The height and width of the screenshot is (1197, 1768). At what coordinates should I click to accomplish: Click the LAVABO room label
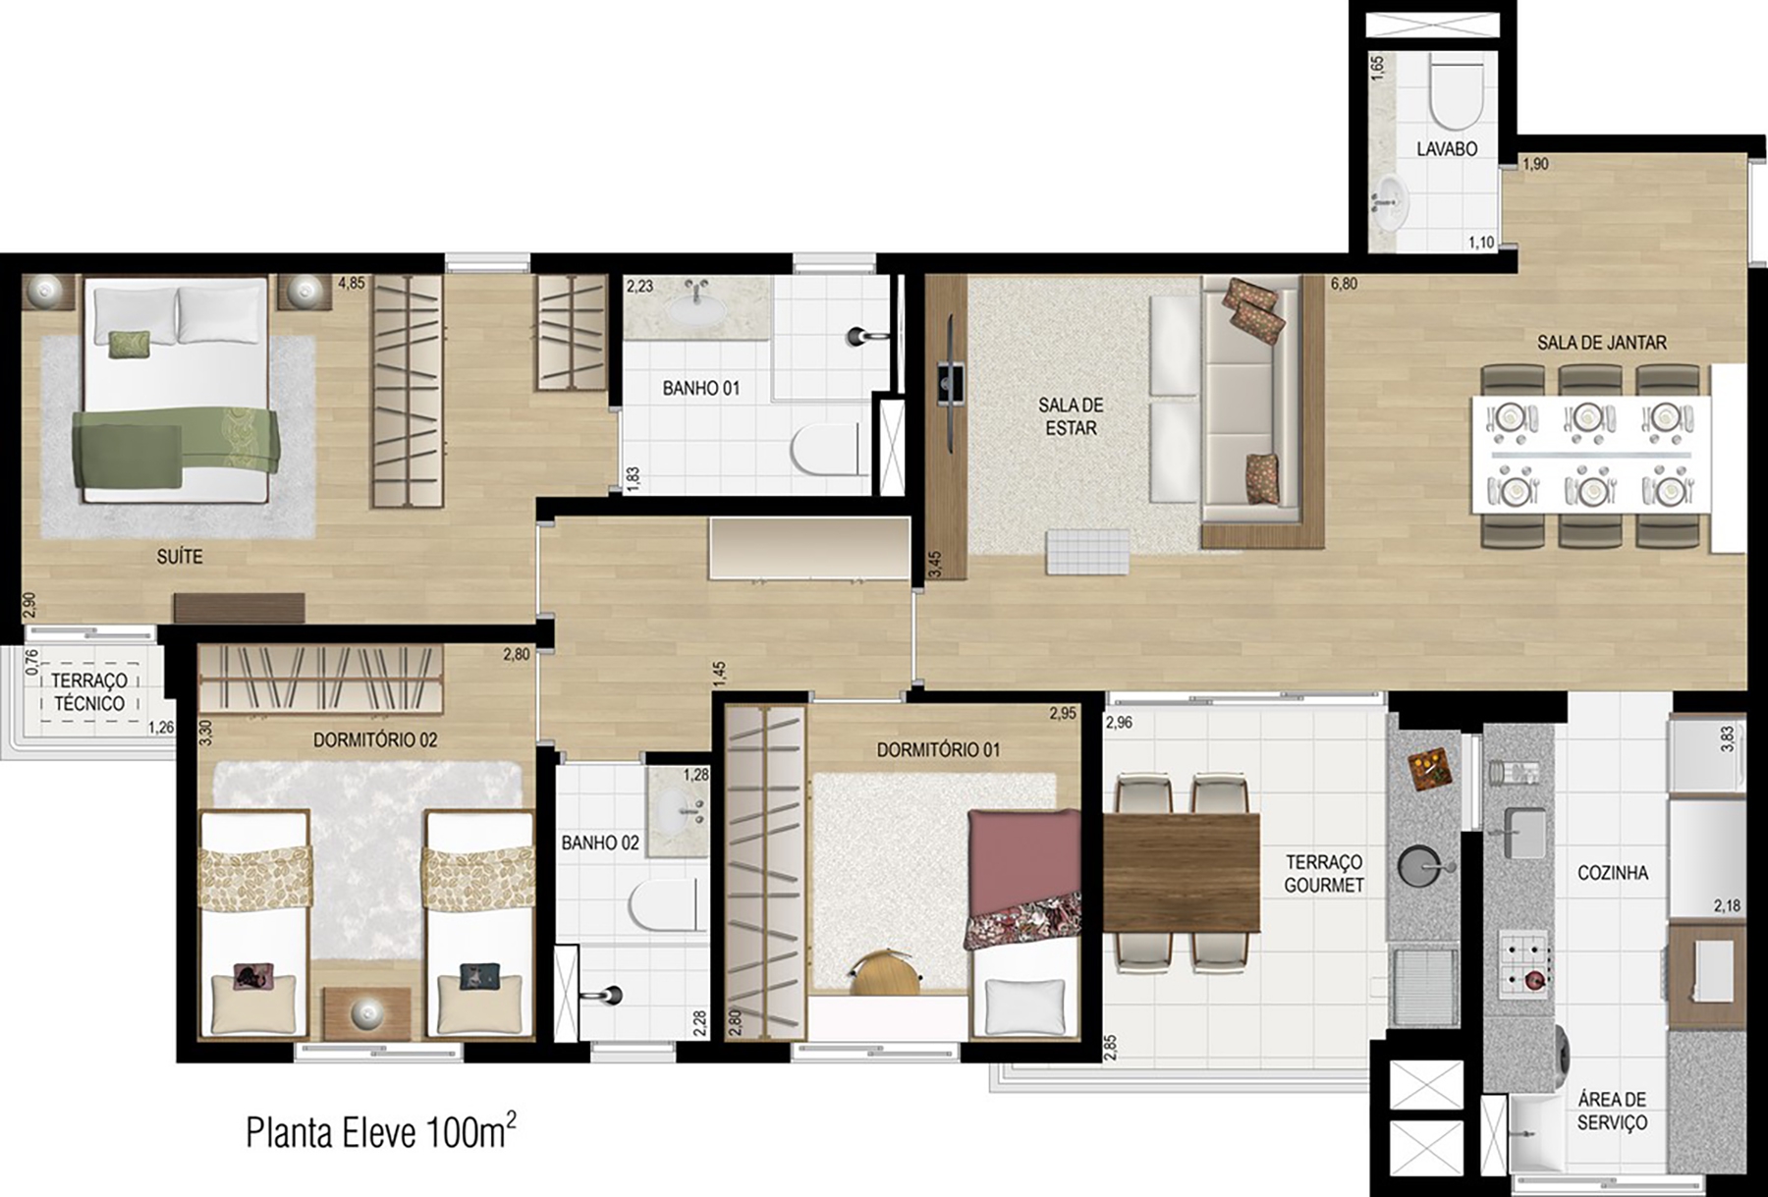[1447, 149]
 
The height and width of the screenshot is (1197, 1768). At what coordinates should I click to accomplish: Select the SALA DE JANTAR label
[1601, 343]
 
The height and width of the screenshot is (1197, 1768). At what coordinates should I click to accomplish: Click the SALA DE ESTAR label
[1071, 416]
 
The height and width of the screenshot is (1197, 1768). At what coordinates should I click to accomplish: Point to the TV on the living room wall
[950, 382]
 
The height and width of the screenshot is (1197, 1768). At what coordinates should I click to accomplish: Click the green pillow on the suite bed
[131, 344]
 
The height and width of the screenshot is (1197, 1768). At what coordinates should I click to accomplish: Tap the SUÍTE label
[180, 557]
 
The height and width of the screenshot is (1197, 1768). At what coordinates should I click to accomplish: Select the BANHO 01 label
[700, 389]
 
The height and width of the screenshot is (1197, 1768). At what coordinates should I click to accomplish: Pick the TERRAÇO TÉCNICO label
[89, 692]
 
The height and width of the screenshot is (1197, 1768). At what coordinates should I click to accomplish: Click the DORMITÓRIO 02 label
[375, 740]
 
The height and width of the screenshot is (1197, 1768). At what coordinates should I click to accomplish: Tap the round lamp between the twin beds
[366, 1012]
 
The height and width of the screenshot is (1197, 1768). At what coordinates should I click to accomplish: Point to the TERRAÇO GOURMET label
[1324, 873]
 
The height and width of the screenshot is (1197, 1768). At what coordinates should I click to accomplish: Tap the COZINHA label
[1612, 873]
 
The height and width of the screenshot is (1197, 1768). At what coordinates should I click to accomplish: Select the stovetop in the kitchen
[1523, 960]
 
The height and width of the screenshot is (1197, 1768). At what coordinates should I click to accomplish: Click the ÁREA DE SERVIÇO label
[1612, 1112]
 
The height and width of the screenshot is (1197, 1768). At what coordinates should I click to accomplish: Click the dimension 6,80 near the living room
[1344, 284]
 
